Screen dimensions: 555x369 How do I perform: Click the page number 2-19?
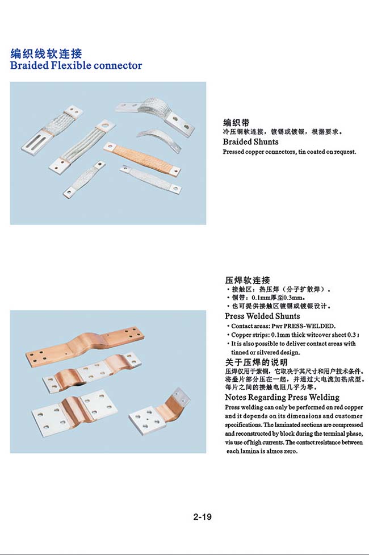point(202,517)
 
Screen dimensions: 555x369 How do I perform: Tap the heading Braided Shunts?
point(250,141)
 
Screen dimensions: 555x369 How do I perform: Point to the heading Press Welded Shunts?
point(262,316)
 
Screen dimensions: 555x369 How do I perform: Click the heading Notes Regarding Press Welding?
point(282,397)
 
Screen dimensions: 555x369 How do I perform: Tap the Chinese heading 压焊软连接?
point(248,281)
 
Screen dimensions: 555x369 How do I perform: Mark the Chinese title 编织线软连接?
point(46,54)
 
